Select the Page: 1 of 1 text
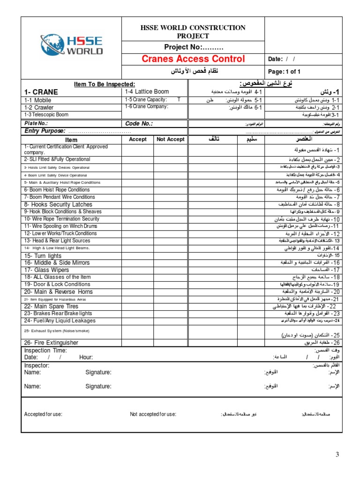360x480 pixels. tap(284, 72)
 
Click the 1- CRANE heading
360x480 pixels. tap(41, 92)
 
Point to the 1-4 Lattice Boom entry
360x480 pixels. tap(146, 91)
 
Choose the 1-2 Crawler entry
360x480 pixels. tap(38, 107)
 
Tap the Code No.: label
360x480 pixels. tap(139, 123)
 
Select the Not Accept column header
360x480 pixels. tap(170, 139)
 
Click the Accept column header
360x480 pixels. tap(137, 139)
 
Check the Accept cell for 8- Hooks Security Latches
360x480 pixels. tap(137, 204)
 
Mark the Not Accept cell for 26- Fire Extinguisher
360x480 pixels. tap(170, 343)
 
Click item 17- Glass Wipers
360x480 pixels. tap(46, 270)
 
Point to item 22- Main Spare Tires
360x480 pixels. tap(51, 306)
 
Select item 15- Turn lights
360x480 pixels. tap(43, 255)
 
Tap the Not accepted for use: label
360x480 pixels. tap(153, 414)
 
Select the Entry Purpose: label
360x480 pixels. tap(45, 131)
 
